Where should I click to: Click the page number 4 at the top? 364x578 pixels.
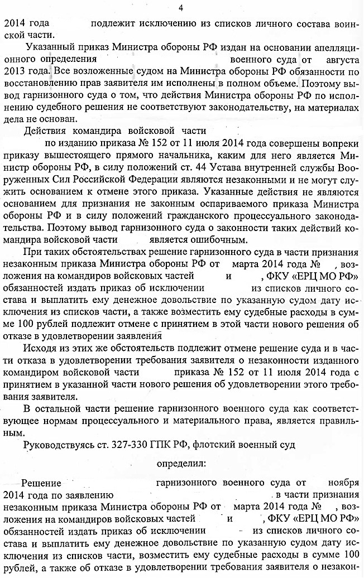[x=180, y=7]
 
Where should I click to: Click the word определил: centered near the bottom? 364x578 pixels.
[x=181, y=463]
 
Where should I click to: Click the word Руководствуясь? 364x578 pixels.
[x=56, y=444]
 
